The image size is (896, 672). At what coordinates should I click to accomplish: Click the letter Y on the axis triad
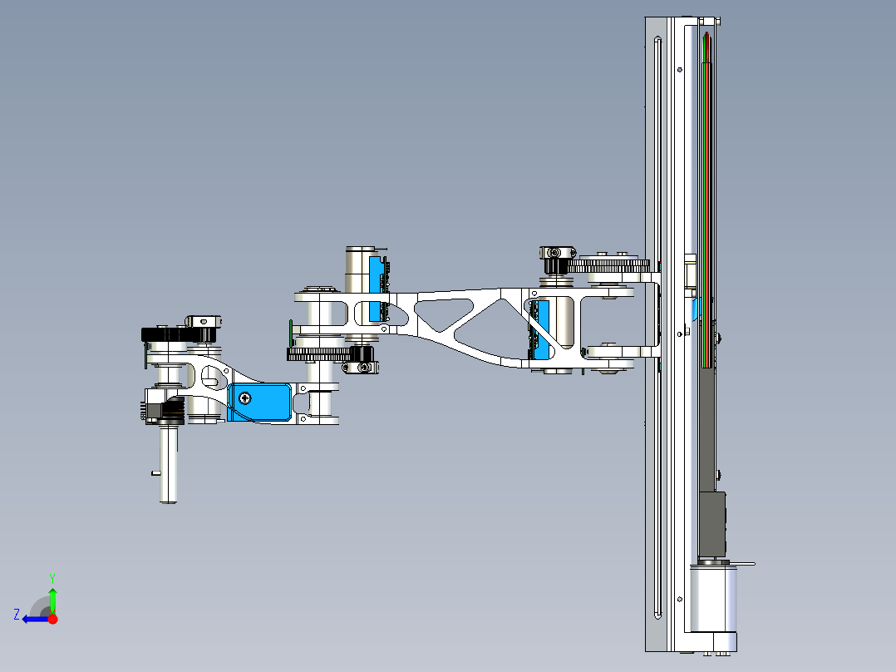(52, 576)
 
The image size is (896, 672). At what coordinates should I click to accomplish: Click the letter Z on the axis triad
(16, 614)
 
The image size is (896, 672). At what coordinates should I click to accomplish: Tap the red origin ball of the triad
(52, 619)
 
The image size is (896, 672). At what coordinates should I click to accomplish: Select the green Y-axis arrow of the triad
(52, 598)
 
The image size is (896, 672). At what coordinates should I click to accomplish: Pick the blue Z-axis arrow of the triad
(33, 619)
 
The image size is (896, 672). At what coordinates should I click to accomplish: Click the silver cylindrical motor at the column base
(713, 599)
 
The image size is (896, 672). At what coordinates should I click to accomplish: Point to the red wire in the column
(706, 208)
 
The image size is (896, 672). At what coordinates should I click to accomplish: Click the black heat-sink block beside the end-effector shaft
(173, 411)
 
